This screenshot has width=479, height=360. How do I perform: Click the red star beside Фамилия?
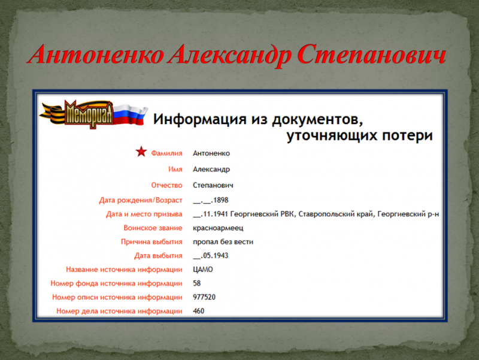pos(141,152)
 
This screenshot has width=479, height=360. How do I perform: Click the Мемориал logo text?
pos(88,114)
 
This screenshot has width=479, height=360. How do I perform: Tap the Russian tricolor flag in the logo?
pos(130,114)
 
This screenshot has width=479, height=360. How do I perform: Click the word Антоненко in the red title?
pos(96,55)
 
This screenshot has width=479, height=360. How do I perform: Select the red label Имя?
pos(175,170)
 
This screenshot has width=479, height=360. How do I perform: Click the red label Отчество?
pos(167,185)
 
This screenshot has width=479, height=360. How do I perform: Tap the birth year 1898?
pos(220,200)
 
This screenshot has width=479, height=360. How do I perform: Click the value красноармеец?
pos(218,228)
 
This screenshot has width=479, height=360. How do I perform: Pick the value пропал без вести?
pos(223,242)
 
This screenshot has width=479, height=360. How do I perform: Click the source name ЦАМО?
pos(203,270)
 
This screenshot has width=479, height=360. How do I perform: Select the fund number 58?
pos(197,283)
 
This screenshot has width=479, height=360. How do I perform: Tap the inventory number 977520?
pos(204,297)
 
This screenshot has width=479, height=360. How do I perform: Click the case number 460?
pos(199,311)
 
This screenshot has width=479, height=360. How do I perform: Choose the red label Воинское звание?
pos(153,228)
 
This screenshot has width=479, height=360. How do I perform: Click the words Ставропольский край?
pos(336,214)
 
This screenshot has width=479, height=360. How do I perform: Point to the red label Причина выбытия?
pos(151,242)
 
